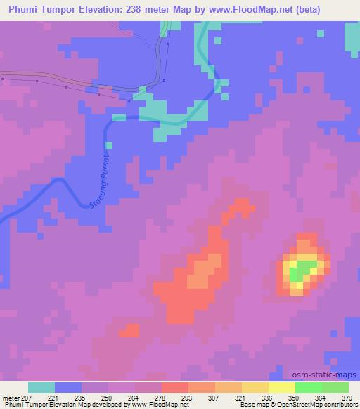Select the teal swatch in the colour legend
coord(41,387)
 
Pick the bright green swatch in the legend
coord(309,387)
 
